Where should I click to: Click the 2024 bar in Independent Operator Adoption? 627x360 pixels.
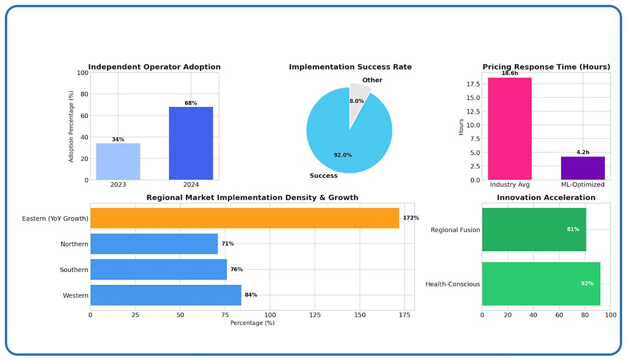coord(191,144)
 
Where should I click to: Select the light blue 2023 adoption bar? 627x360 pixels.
coord(118,162)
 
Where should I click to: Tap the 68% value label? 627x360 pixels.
coord(191,103)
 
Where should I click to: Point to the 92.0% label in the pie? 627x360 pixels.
coord(343,155)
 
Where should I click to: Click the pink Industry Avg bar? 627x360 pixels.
coord(510,129)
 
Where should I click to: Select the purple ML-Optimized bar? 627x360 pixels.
coord(582,168)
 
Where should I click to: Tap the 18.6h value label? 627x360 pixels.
coord(510,73)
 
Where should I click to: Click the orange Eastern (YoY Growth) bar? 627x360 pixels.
coord(244,218)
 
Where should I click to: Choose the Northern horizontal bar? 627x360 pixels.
coord(154,244)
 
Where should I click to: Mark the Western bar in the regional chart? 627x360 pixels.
coord(166,295)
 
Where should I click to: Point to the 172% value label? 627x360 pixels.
coord(411,218)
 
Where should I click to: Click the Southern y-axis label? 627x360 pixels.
coord(74,270)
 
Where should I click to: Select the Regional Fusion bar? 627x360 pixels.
coord(534,229)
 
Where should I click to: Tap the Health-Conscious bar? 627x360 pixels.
coord(541,284)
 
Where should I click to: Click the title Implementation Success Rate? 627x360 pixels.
coord(350,67)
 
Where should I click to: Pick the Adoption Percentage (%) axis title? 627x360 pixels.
coord(71,127)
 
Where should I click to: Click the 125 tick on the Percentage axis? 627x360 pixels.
coord(315,315)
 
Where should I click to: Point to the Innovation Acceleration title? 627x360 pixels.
coord(546,198)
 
